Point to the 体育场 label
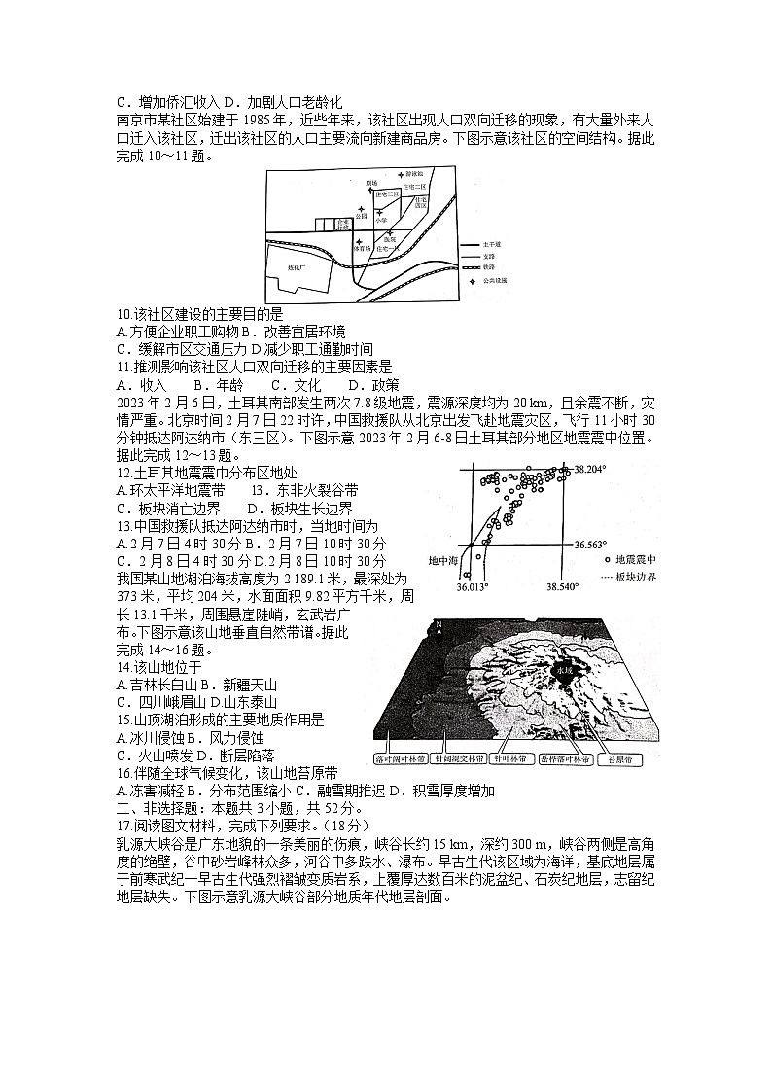coord(362,249)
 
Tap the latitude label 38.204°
coord(589,470)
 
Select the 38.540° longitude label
coord(561,587)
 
